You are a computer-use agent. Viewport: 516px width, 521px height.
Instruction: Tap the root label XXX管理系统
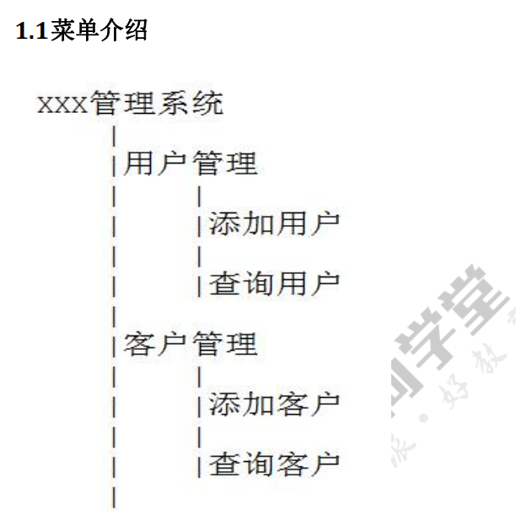[131, 105]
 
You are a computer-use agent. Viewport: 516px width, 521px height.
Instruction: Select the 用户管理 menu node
[191, 164]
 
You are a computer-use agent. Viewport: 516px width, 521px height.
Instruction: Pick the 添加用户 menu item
[275, 223]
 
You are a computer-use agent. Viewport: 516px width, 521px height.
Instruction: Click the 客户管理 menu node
[191, 344]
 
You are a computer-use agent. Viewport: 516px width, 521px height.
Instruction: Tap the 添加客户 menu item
[275, 403]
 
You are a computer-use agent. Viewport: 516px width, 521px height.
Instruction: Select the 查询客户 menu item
[275, 463]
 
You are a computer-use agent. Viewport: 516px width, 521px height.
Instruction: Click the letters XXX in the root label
[62, 106]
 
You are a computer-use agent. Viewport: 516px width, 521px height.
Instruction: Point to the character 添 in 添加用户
[224, 223]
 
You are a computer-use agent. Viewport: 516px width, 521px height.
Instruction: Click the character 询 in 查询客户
[258, 463]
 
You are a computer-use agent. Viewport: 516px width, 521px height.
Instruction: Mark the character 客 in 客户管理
[140, 344]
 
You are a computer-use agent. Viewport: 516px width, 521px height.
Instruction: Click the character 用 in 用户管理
[140, 164]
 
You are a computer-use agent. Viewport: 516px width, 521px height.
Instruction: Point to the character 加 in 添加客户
[258, 403]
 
